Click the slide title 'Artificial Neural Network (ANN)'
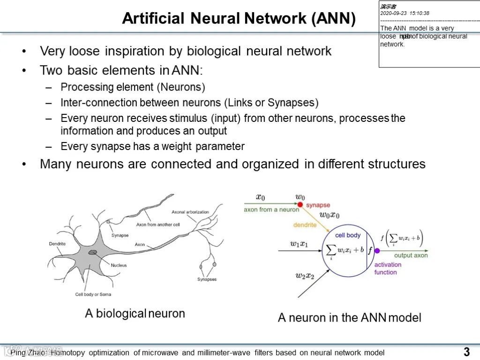[239, 18]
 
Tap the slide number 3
[466, 352]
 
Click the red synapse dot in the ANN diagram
[300, 204]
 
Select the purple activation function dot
[377, 251]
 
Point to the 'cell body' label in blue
[348, 235]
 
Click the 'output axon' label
[411, 255]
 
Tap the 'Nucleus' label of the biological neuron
[119, 265]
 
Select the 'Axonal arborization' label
[190, 212]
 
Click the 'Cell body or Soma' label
[93, 294]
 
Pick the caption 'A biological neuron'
[135, 313]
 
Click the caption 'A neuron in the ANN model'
[349, 317]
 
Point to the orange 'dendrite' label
[305, 225]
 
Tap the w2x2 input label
[305, 276]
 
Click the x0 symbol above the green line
[260, 197]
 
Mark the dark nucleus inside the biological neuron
[93, 253]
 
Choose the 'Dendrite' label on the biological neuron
[57, 244]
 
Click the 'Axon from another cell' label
[158, 225]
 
